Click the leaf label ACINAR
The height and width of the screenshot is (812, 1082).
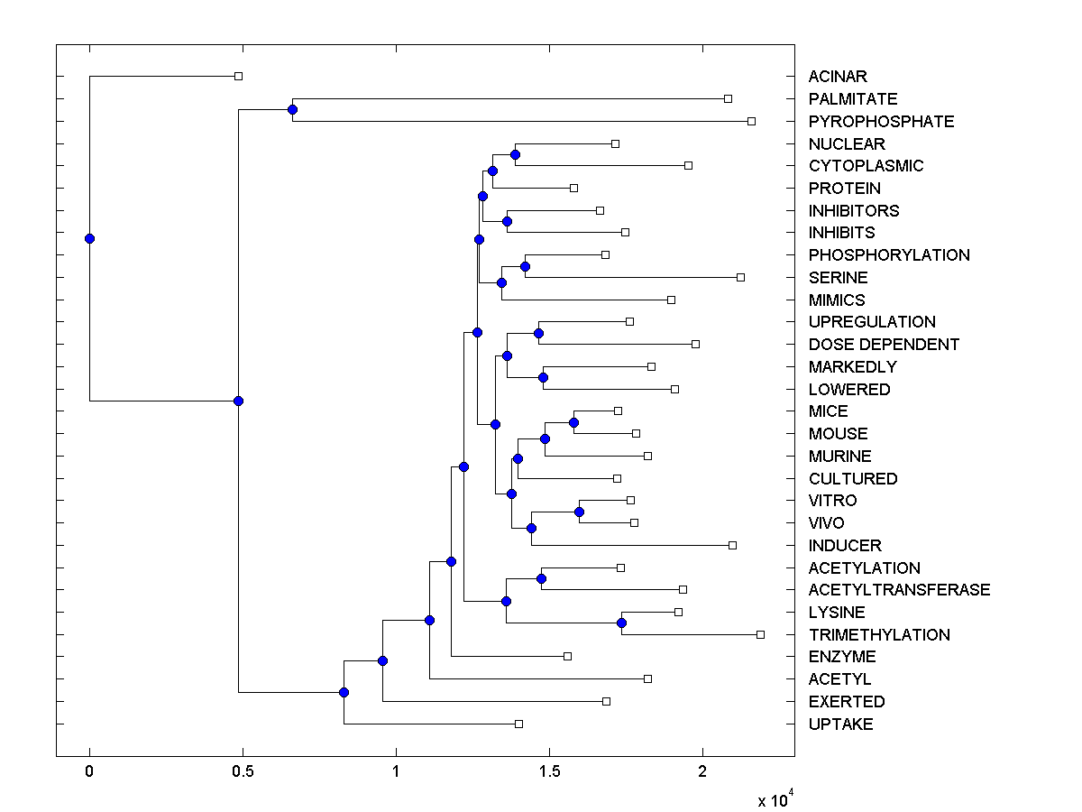click(838, 77)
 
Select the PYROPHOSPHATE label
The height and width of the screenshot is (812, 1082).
click(881, 121)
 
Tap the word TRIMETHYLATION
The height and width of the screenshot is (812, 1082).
click(879, 634)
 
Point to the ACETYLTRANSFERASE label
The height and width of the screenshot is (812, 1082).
click(899, 590)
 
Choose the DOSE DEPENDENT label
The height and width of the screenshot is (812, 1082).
click(884, 345)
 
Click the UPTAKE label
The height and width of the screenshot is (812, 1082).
click(840, 724)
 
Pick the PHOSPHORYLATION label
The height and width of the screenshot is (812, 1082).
click(889, 255)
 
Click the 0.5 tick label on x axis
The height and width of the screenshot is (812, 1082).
click(243, 771)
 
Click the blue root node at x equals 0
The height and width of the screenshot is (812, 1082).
click(89, 238)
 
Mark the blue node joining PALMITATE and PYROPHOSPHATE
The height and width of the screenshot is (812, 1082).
click(292, 109)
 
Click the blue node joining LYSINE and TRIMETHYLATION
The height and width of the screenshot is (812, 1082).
click(621, 623)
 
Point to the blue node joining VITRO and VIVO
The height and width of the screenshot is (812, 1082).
click(579, 512)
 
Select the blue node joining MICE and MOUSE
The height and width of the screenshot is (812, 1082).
click(573, 421)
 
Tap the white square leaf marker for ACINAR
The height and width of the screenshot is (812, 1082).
click(238, 76)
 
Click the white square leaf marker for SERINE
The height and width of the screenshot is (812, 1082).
click(740, 277)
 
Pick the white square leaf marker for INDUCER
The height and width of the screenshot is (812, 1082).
click(732, 545)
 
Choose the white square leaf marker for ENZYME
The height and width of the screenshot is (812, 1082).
click(567, 656)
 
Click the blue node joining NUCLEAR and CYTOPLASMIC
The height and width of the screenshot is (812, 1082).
click(515, 154)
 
